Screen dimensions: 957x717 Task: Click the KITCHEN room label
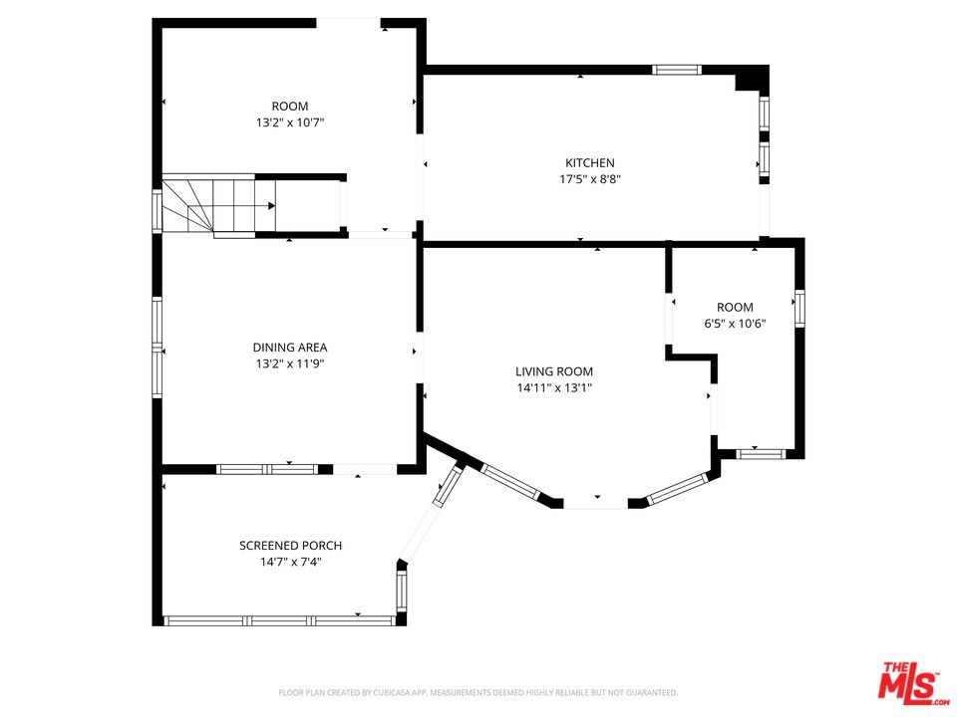click(x=589, y=162)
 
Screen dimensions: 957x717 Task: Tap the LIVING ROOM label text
click(x=554, y=371)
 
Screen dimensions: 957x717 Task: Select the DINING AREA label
click(x=290, y=348)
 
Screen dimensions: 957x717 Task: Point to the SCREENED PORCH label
click(x=290, y=546)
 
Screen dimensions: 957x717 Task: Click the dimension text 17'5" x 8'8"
click(x=590, y=179)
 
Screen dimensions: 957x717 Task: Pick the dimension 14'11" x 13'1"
click(x=554, y=387)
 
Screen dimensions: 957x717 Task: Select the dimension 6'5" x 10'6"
click(x=735, y=324)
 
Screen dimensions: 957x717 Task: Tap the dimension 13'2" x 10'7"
click(x=290, y=122)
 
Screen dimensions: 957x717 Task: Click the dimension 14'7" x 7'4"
click(x=290, y=562)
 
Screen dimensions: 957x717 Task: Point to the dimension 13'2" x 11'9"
click(x=290, y=364)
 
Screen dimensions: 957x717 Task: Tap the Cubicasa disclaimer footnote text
click(x=478, y=693)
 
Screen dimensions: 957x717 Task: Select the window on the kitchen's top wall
click(x=676, y=70)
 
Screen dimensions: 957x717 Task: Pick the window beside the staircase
click(x=158, y=211)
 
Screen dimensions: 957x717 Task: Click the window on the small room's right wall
click(x=799, y=309)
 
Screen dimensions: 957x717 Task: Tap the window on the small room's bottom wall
click(x=761, y=454)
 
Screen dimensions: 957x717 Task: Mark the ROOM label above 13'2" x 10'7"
click(x=290, y=107)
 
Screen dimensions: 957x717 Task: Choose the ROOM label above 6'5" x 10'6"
click(x=735, y=308)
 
